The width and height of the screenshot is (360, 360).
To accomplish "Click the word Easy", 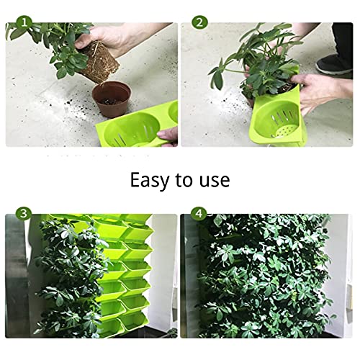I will click(153, 179).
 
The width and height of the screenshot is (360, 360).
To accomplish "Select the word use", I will click(217, 180).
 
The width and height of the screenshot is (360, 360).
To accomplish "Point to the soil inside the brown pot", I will click(112, 92).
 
